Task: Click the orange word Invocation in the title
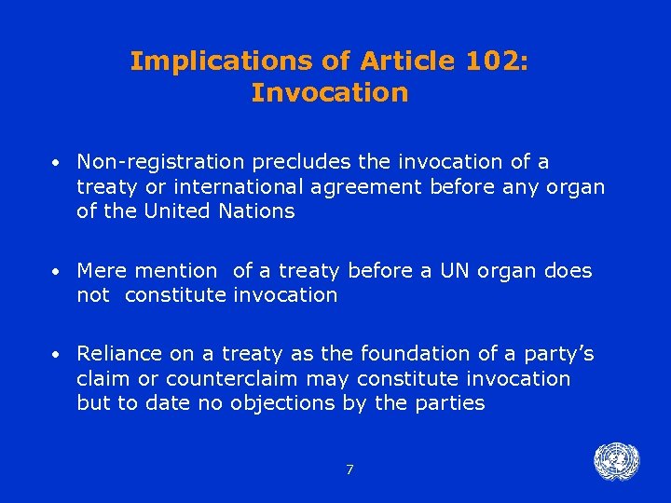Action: point(330,93)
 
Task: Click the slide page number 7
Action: point(349,470)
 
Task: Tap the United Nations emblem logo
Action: point(616,462)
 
